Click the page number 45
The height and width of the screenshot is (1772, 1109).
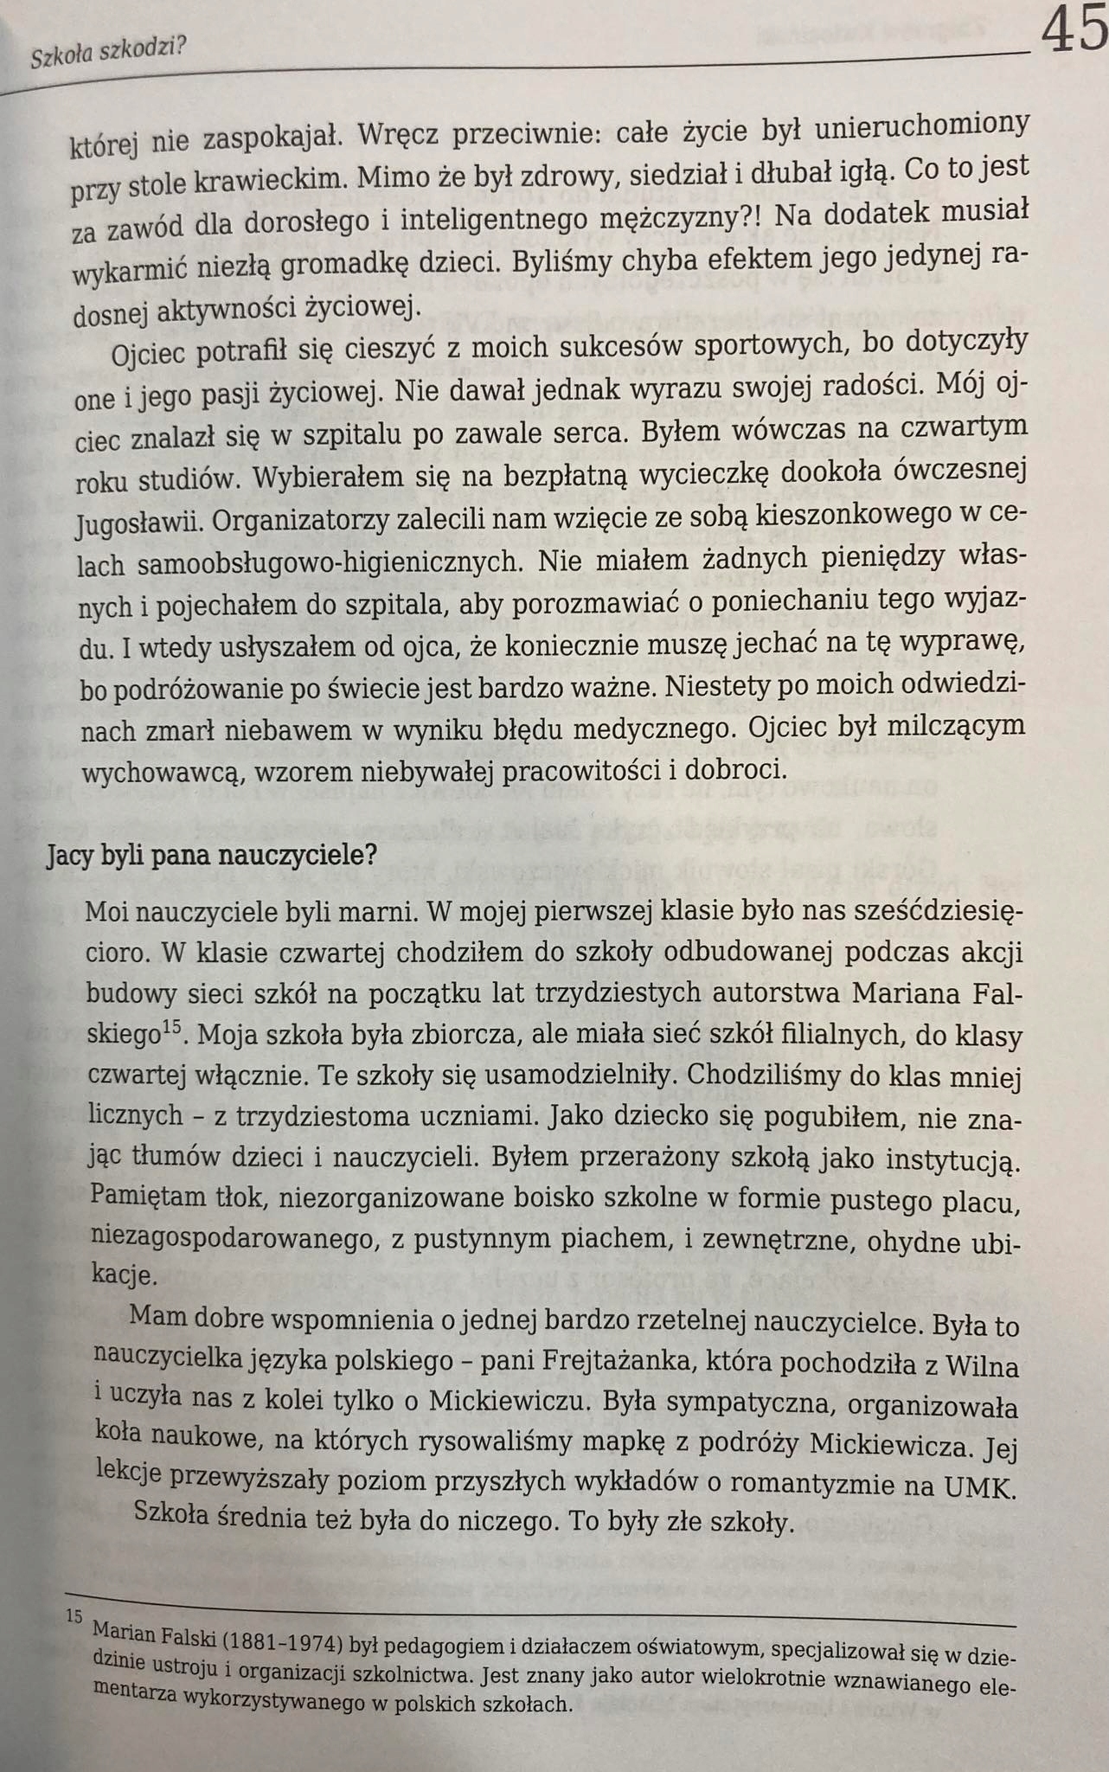(x=1074, y=31)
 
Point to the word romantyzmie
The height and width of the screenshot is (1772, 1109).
(x=830, y=1486)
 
